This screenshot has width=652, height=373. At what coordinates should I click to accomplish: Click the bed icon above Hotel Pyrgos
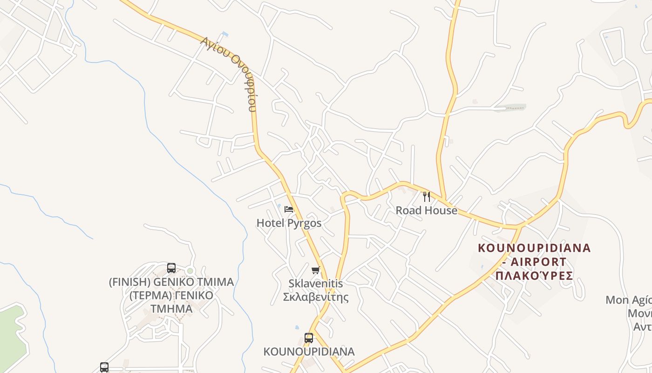pos(289,209)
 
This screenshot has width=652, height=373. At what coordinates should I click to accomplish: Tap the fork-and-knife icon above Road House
pos(426,196)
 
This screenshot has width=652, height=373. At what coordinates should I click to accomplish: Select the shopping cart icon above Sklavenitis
pos(316,270)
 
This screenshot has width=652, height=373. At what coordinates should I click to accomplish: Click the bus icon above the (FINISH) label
pos(171,268)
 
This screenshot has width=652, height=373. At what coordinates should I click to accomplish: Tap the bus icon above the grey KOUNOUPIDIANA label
pos(308,338)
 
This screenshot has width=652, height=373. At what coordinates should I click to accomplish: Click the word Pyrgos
pos(305,223)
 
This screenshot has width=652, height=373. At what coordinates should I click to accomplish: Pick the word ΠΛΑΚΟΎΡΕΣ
pos(534,275)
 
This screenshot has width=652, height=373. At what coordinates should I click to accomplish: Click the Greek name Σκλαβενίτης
pos(316,297)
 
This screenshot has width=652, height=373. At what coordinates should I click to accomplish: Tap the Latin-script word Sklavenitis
pos(316,283)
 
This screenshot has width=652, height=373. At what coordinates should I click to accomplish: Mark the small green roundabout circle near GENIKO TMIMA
pos(190,271)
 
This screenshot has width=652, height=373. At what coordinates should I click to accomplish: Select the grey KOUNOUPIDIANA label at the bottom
pos(309,352)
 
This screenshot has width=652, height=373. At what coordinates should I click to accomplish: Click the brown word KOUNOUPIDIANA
pos(534,248)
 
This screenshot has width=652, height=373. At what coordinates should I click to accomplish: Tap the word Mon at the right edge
pos(617,300)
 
